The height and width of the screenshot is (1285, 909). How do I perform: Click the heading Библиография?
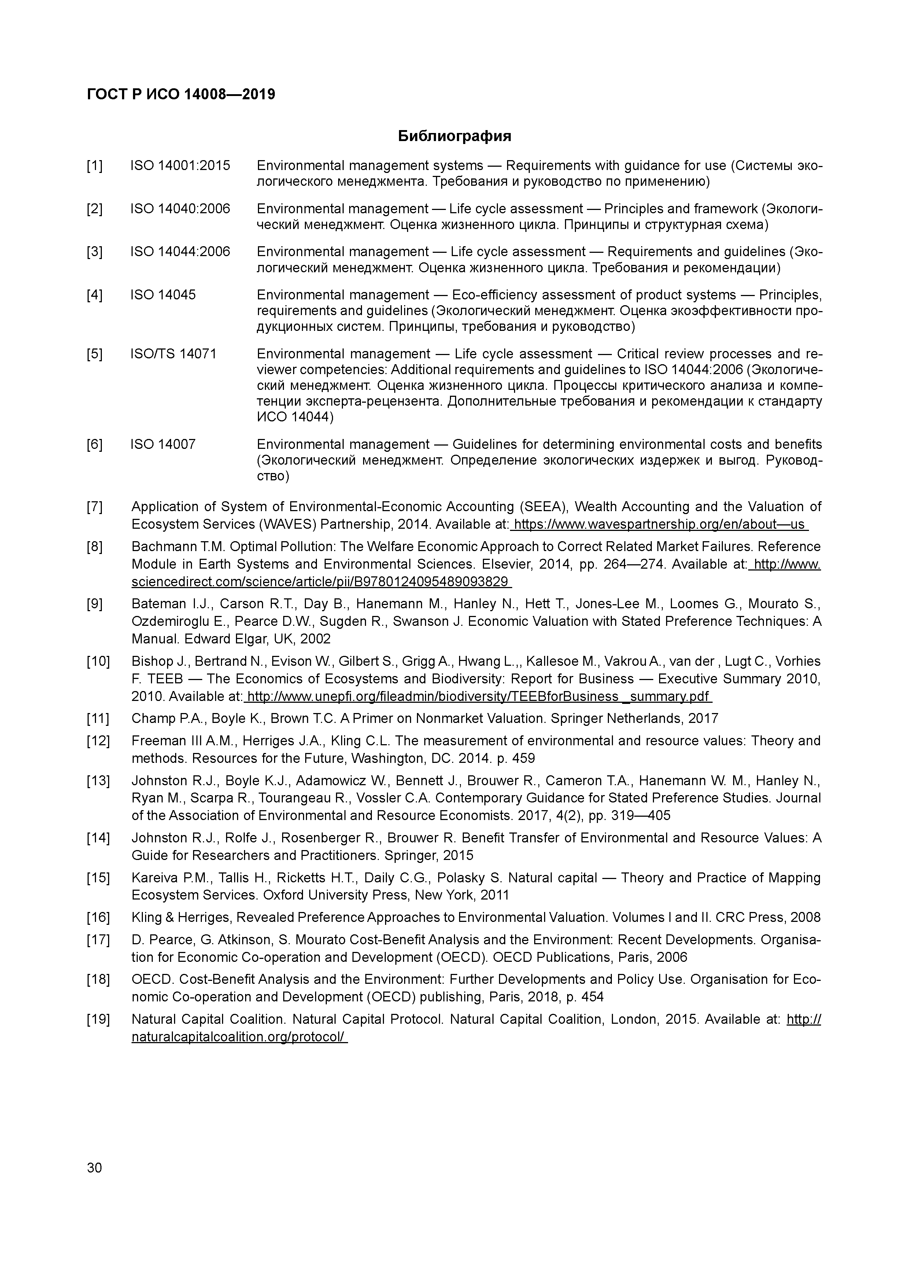pyautogui.click(x=454, y=136)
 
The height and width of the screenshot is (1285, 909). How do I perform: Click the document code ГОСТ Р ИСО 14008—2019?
pyautogui.click(x=181, y=95)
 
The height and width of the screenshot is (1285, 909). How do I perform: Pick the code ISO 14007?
pyautogui.click(x=163, y=444)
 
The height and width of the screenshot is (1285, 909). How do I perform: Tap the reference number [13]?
pyautogui.click(x=98, y=780)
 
